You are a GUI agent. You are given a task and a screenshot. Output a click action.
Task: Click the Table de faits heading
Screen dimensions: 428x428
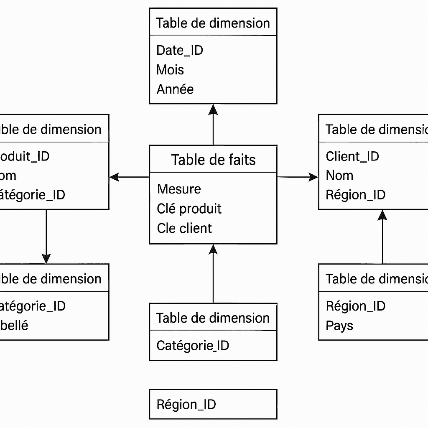pyautogui.click(x=213, y=160)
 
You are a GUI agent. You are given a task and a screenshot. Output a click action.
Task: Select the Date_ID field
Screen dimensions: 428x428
pyautogui.click(x=179, y=51)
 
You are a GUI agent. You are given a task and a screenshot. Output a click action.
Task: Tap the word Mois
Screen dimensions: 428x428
pyautogui.click(x=170, y=70)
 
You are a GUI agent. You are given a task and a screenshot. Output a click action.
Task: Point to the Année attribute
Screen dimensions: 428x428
pyautogui.click(x=175, y=89)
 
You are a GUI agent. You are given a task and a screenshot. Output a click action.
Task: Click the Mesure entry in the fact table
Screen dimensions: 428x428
pyautogui.click(x=179, y=189)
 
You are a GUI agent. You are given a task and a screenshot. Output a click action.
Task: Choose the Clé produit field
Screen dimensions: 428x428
pyautogui.click(x=189, y=209)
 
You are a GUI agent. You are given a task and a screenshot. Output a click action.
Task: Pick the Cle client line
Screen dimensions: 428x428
pyautogui.click(x=184, y=228)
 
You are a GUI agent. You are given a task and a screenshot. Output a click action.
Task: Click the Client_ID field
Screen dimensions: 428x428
pyautogui.click(x=352, y=156)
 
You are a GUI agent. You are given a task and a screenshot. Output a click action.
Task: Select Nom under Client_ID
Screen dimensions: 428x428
pyautogui.click(x=339, y=176)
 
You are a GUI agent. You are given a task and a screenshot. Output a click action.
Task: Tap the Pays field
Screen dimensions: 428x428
pyautogui.click(x=339, y=326)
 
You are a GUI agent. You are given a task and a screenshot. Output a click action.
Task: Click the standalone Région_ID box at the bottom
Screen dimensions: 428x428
pyautogui.click(x=213, y=404)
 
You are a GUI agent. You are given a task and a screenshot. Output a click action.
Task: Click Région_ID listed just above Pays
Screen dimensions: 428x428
pyautogui.click(x=355, y=306)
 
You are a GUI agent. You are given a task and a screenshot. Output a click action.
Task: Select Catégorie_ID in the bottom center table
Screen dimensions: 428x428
pyautogui.click(x=193, y=346)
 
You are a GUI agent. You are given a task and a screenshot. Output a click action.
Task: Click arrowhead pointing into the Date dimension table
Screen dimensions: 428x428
pyautogui.click(x=213, y=109)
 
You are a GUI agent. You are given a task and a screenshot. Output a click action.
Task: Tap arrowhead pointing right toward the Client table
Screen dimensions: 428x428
pyautogui.click(x=313, y=177)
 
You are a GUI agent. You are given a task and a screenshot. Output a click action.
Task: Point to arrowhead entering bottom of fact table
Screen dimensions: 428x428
pyautogui.click(x=213, y=250)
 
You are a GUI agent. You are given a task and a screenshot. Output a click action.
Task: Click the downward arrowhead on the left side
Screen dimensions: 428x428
pyautogui.click(x=46, y=258)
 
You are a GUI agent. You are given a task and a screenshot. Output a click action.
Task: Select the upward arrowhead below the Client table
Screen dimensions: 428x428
pyautogui.click(x=382, y=215)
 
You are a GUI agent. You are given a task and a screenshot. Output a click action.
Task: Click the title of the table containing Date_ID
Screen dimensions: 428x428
pyautogui.click(x=213, y=23)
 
